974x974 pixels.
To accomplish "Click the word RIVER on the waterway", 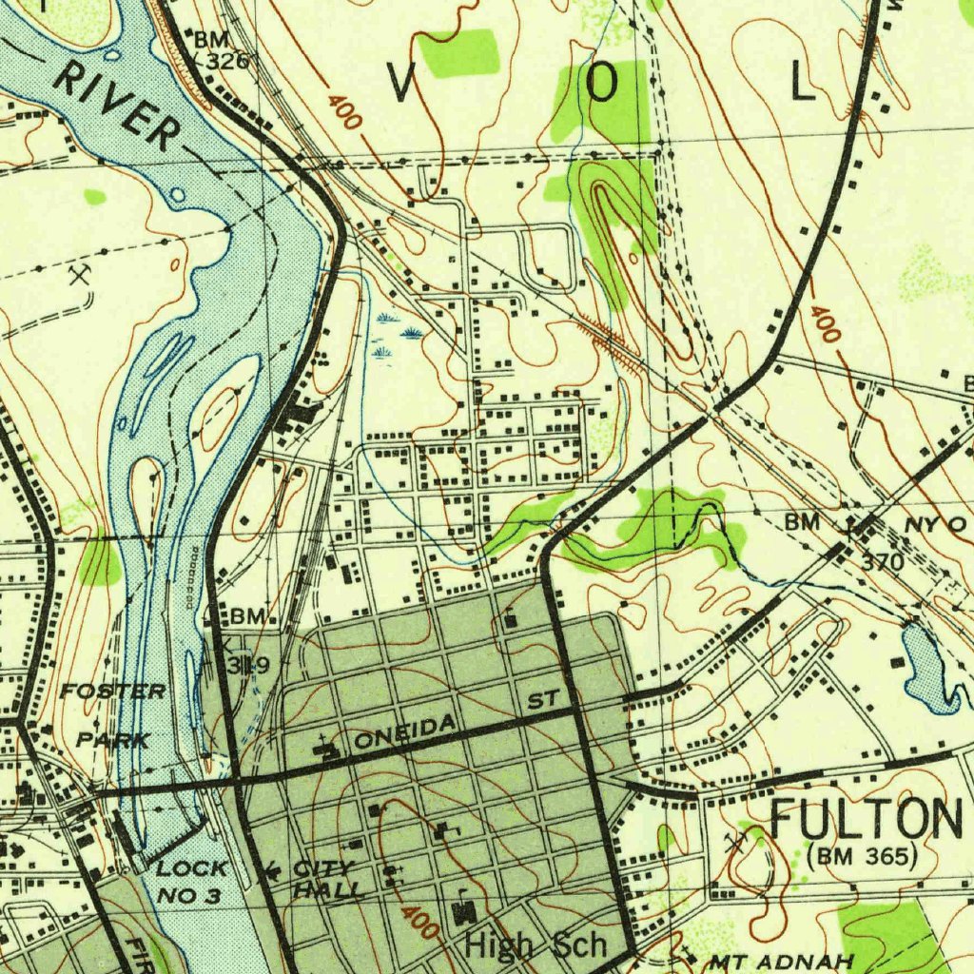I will [117, 105].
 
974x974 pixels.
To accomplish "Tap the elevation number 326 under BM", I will [227, 61].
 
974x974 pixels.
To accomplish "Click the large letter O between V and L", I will [601, 86].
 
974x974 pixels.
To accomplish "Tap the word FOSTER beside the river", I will [112, 692].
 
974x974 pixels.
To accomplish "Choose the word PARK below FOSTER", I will [112, 739].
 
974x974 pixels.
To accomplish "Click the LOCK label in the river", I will [192, 867].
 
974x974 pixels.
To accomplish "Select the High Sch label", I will [536, 945].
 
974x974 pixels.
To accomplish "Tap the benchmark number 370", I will [882, 563].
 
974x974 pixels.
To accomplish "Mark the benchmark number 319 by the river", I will [250, 665].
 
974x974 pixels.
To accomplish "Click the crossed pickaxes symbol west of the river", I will [80, 275].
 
